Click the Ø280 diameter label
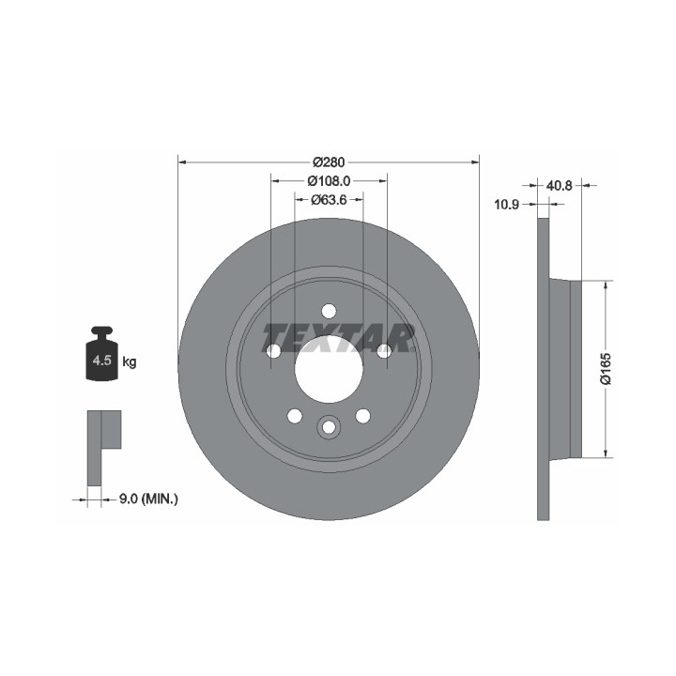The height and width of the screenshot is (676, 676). click(329, 162)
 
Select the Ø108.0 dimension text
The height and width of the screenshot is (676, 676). click(329, 181)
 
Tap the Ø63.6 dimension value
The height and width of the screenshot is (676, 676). click(329, 200)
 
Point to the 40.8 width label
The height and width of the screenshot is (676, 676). click(560, 185)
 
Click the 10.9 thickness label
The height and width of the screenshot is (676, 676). click(507, 205)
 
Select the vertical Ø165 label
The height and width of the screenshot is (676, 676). click(606, 368)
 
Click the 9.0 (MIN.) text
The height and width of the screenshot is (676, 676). click(148, 499)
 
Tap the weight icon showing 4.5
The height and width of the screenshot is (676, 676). click(102, 354)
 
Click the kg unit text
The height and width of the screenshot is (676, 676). click(130, 361)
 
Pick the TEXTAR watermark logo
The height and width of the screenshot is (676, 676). click(338, 338)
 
